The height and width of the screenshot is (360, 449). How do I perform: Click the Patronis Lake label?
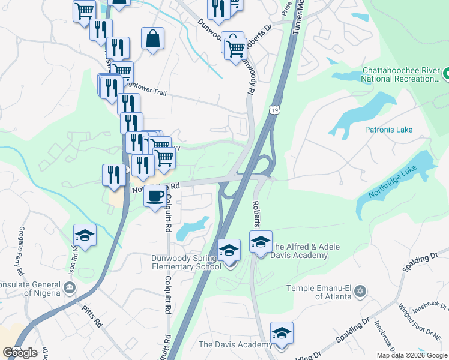click(389, 129)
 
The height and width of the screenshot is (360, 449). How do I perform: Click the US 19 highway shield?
click(274, 110)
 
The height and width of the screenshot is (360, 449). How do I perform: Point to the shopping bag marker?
click(153, 39)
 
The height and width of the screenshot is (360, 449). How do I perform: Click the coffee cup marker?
click(156, 196)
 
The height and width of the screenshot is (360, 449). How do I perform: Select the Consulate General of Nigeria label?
click(29, 289)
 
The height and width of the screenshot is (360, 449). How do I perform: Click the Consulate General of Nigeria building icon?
click(70, 288)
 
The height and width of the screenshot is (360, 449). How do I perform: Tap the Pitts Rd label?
click(92, 316)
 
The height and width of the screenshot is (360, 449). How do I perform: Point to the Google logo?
click(20, 352)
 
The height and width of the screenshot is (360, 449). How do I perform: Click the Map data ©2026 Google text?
click(412, 355)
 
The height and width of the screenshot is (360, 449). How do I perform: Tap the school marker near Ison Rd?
click(85, 236)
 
